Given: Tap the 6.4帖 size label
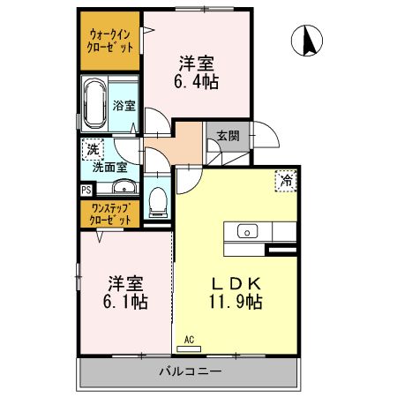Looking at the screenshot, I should (198, 80).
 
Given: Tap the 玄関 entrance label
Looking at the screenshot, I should (228, 136).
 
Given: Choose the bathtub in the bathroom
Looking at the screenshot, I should (94, 104).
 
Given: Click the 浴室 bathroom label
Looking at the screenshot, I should (123, 105).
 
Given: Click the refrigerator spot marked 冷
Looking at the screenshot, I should (287, 179).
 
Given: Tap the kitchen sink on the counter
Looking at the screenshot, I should (248, 232).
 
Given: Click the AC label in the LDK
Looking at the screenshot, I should (189, 339).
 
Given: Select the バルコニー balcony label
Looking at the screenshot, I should (190, 371).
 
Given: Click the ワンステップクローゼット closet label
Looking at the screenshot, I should (110, 213).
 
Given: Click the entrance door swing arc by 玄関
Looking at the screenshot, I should (268, 139).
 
